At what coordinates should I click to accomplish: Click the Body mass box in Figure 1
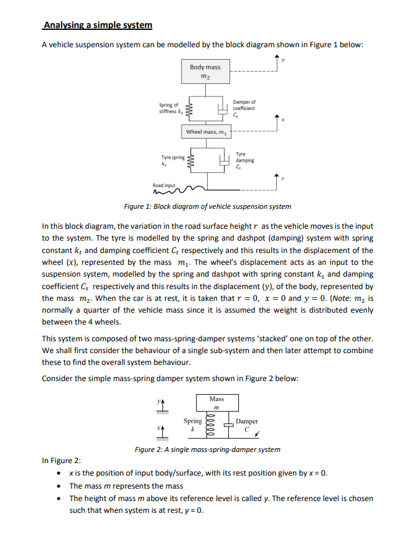205,71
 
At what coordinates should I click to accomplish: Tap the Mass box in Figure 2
216,402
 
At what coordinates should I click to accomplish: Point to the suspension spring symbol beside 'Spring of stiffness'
191,110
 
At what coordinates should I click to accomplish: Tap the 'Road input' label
164,185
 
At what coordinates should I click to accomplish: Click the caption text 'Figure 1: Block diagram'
207,206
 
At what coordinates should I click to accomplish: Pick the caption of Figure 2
207,449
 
